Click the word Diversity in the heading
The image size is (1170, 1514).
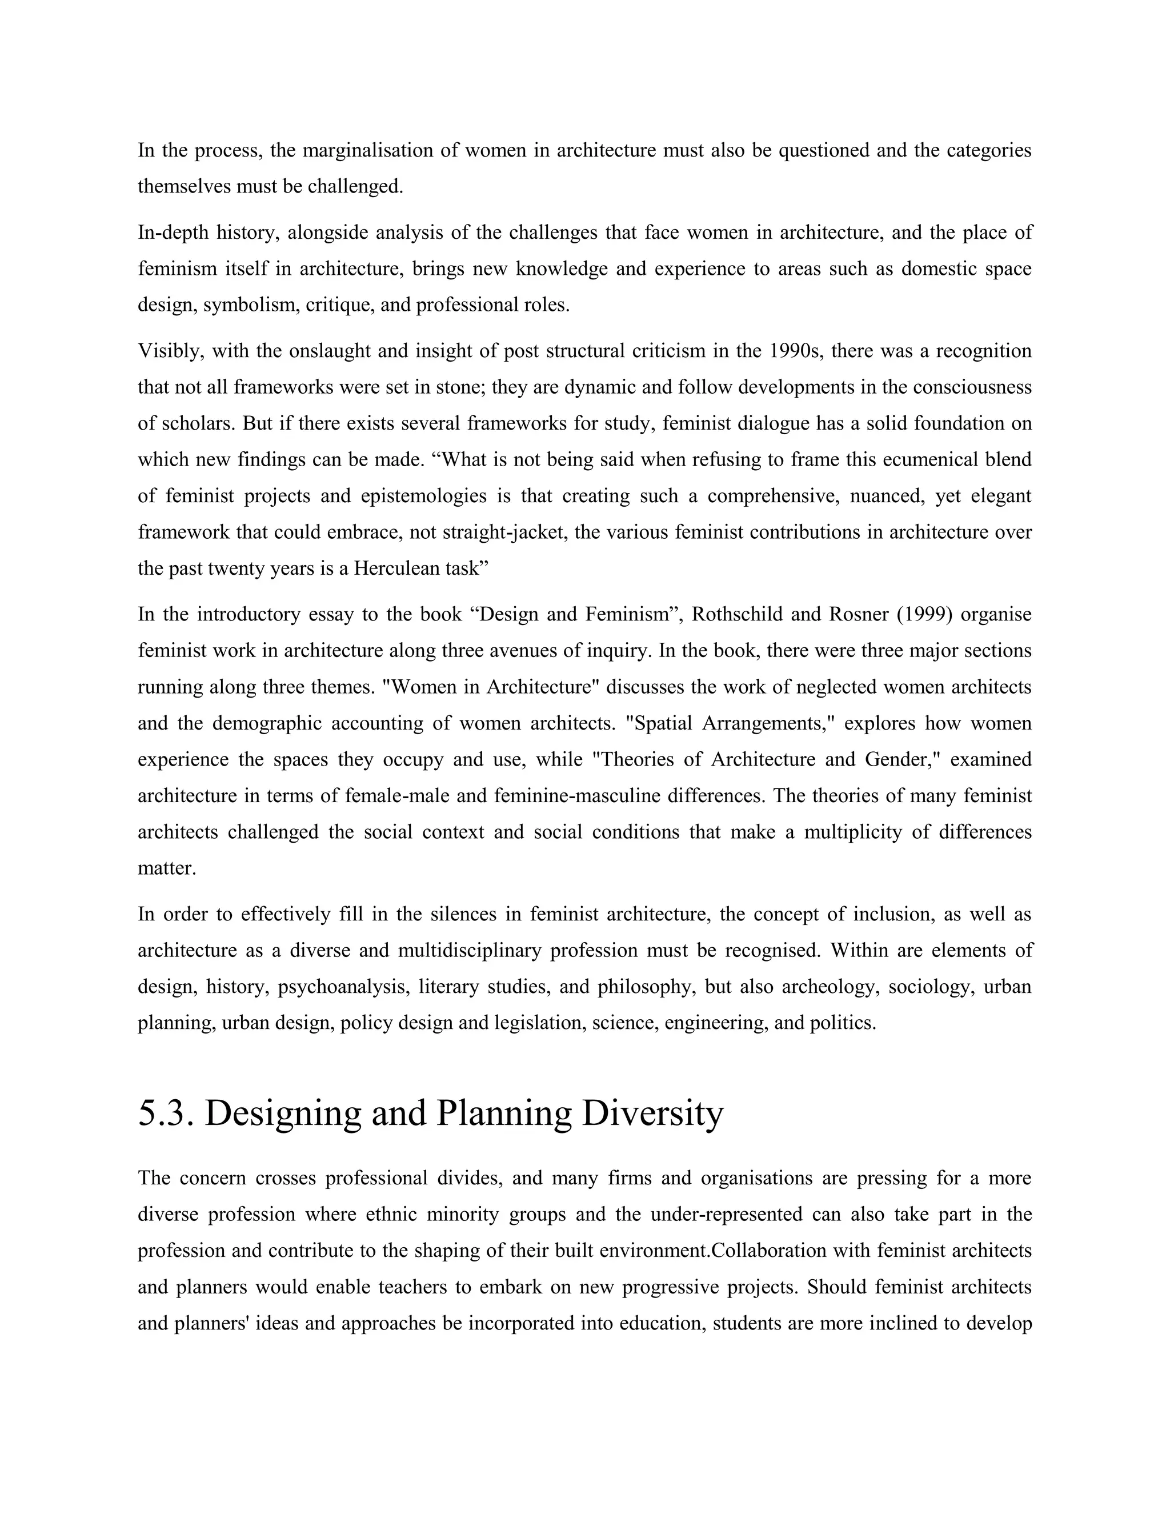[652, 1114]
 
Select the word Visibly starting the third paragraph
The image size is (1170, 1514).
[170, 351]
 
